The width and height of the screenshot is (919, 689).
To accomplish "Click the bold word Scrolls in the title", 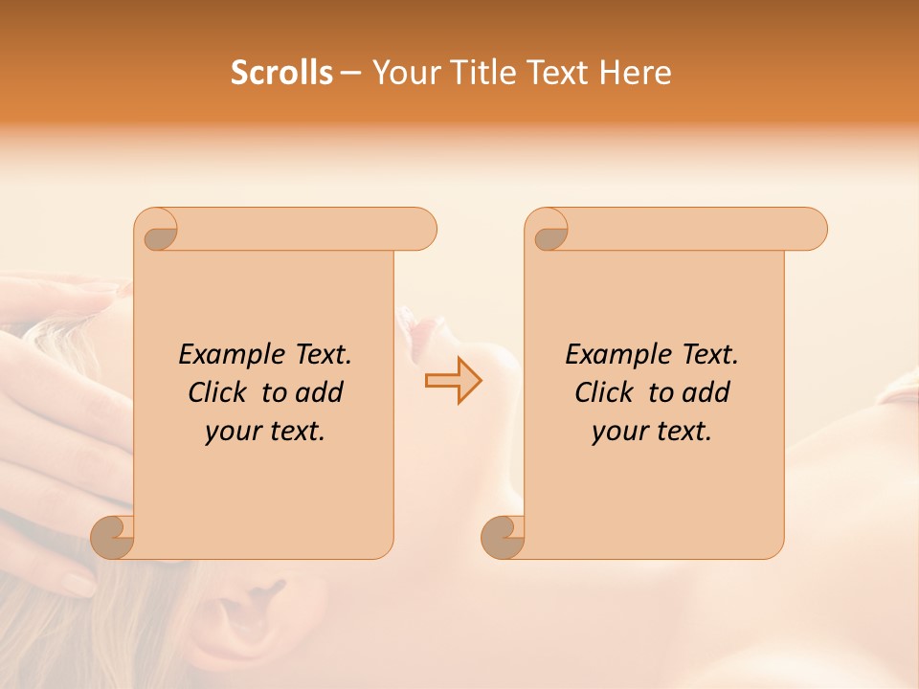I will [281, 73].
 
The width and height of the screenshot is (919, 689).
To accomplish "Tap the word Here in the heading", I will [636, 73].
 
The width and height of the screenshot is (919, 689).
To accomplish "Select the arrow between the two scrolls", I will [453, 381].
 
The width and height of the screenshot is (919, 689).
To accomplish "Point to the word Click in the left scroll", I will [220, 392].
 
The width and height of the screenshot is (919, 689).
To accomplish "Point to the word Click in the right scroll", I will [607, 392].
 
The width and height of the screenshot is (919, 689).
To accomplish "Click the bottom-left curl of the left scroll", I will [113, 538].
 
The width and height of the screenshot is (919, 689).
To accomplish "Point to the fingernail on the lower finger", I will [78, 582].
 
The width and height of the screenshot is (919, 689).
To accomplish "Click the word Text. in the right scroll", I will [708, 354].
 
